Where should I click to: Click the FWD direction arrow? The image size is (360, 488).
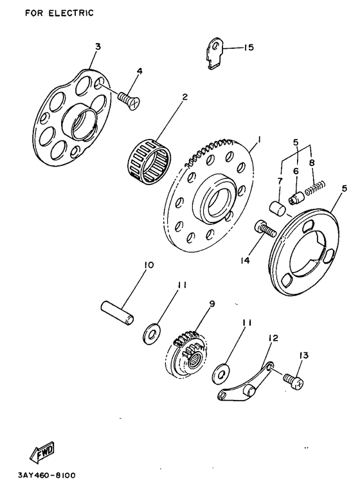[x=42, y=451]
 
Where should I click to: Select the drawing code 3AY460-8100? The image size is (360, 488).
[x=47, y=476]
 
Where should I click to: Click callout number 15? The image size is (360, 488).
[x=249, y=48]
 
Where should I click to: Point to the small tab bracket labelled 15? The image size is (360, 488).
[x=215, y=53]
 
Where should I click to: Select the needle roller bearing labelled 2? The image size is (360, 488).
[x=150, y=159]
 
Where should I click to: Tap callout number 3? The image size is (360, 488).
[x=98, y=47]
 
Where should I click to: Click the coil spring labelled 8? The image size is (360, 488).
[x=315, y=188]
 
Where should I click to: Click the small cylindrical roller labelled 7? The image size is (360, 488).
[x=277, y=208]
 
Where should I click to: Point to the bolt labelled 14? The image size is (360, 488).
[x=265, y=229]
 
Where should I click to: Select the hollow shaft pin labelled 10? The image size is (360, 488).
[x=118, y=312]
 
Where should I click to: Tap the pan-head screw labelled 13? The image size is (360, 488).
[x=292, y=381]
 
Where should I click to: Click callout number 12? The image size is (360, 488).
[x=273, y=338]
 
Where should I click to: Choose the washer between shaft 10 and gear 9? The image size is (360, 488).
[x=152, y=334]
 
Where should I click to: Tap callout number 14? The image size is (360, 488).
[x=245, y=260]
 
